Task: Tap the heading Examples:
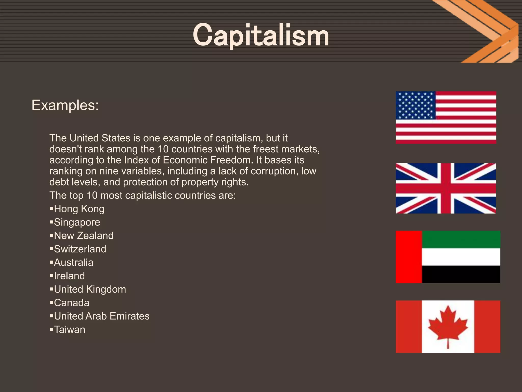click(x=65, y=105)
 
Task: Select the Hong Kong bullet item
click(x=79, y=209)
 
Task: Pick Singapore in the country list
click(x=77, y=222)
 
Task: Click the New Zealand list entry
click(x=84, y=236)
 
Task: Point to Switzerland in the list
click(x=80, y=249)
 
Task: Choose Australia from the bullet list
click(x=74, y=263)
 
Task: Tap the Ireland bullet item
click(x=69, y=276)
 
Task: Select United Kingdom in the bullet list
click(x=90, y=289)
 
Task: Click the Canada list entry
click(x=72, y=303)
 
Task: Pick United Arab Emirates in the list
click(x=102, y=316)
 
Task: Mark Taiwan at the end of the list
click(x=70, y=330)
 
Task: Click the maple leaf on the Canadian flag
click(x=448, y=325)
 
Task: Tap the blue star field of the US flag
click(x=415, y=105)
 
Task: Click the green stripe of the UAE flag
click(x=461, y=239)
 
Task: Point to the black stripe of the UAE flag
click(x=461, y=274)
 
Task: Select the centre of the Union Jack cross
click(x=446, y=188)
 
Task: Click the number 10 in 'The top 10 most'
click(x=92, y=195)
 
